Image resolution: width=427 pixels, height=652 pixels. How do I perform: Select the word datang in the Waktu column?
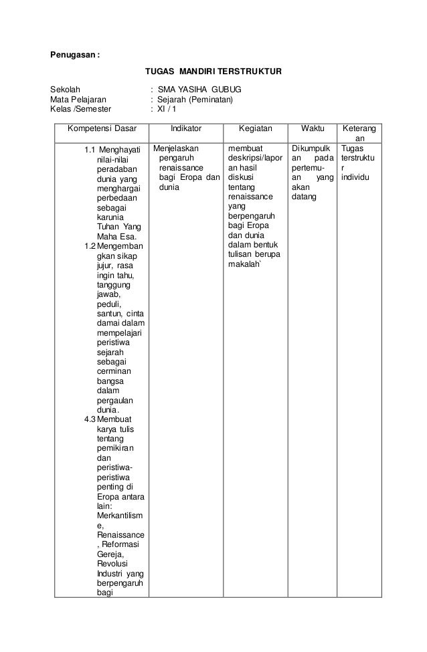304,197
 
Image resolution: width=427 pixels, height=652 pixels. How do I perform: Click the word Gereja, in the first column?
110,554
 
